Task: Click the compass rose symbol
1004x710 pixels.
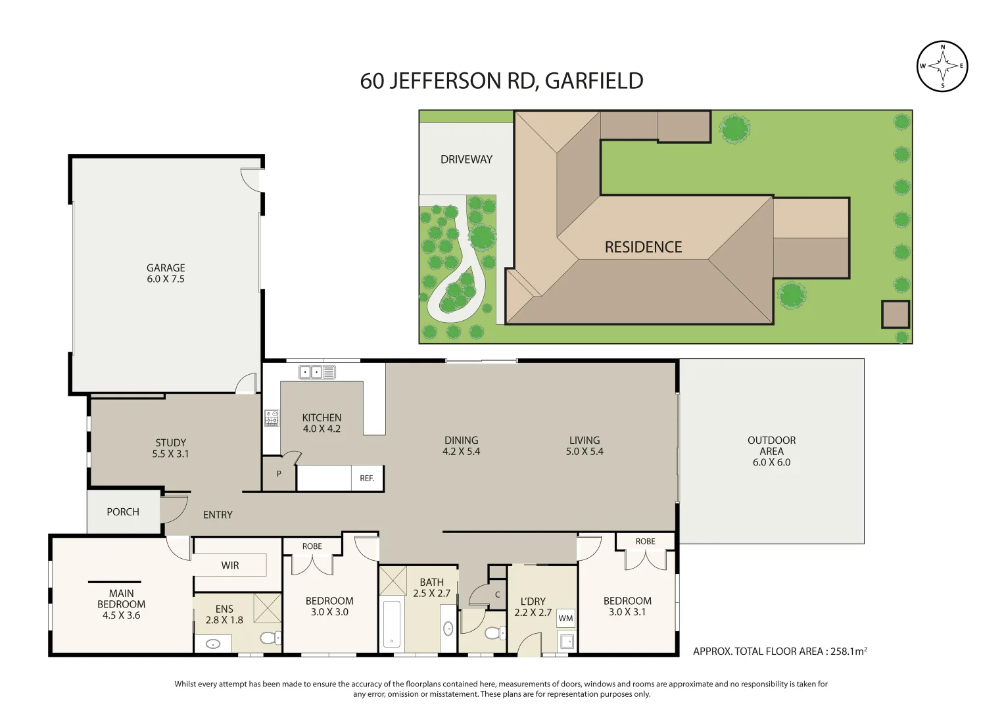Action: (942, 66)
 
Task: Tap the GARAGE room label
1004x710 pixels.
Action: (166, 268)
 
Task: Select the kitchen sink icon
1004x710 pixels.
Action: (317, 372)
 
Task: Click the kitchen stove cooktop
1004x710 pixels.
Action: (272, 417)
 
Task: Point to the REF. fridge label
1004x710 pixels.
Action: (367, 479)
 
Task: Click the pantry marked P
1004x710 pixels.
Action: (279, 474)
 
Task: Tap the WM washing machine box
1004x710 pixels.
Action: (565, 619)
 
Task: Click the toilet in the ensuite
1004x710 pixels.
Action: (269, 638)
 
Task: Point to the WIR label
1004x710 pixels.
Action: (230, 565)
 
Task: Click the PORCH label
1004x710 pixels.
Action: (123, 512)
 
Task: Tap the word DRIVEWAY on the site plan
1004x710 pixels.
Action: (466, 160)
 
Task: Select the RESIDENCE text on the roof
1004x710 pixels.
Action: (643, 247)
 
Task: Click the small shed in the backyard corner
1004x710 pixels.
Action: (895, 315)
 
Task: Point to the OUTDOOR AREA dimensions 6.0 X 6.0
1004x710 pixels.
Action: (771, 463)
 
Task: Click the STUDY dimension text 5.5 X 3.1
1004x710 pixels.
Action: (170, 454)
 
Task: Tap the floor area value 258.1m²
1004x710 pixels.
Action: (848, 651)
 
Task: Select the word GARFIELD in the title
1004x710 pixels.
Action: (594, 81)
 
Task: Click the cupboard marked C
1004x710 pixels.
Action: (498, 595)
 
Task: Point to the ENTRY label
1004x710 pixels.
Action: (218, 515)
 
